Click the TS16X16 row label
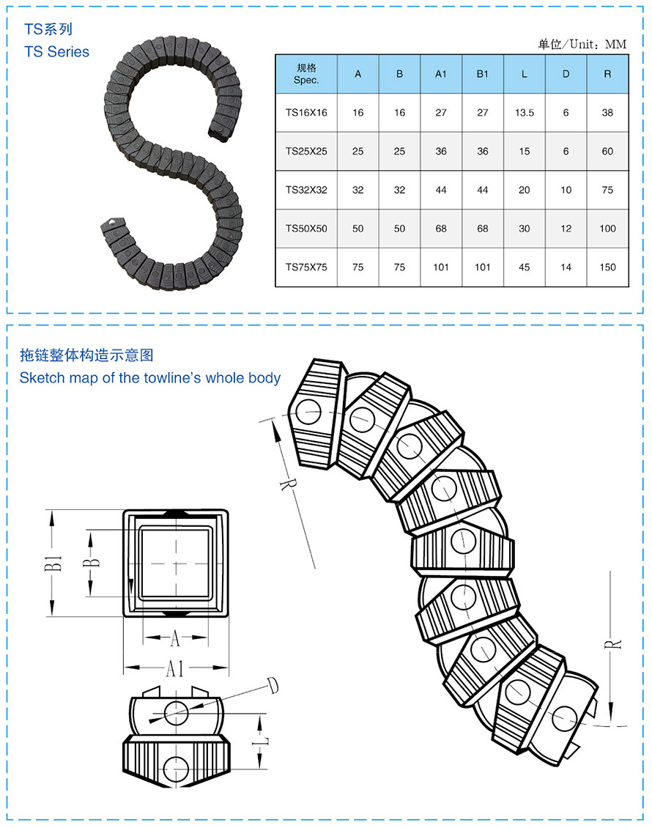point(306,113)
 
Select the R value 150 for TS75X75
point(607,267)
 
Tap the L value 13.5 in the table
point(524,113)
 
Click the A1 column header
point(441,74)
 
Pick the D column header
point(566,74)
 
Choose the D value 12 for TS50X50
point(566,229)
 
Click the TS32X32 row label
point(306,190)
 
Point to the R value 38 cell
point(607,113)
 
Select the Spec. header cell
point(306,74)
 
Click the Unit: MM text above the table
point(582,45)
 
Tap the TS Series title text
point(56,51)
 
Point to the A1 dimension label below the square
point(175,668)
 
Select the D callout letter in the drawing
point(273,686)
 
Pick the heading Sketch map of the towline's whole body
point(150,378)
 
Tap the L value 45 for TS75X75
point(524,267)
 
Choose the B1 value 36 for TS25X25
point(482,152)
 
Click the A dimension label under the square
point(175,639)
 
